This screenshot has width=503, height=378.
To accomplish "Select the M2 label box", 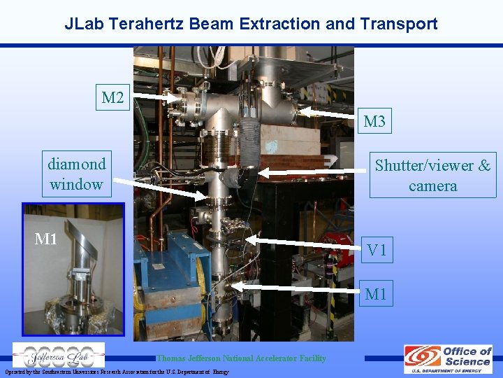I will point(112,97).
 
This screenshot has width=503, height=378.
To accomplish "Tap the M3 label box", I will point(374,122).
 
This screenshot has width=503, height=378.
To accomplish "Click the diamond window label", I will point(76,174).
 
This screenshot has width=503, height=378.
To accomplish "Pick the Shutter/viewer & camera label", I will point(432,175).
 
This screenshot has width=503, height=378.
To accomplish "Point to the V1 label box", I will point(377,250).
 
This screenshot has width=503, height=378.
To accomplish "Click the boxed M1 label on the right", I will point(375,294).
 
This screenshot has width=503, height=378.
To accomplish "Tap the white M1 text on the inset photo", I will point(46,239).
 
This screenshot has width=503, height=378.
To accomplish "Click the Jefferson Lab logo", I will point(59,355).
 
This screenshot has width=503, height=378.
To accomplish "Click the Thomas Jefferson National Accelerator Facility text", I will point(241,358).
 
